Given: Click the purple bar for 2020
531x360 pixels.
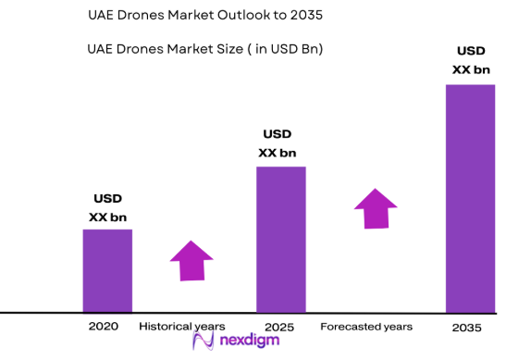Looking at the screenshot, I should click(x=107, y=270).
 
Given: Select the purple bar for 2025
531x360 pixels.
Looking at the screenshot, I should click(x=280, y=239).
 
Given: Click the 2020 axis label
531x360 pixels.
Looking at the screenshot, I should click(x=103, y=327).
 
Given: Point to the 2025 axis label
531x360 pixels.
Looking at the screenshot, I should click(x=278, y=328).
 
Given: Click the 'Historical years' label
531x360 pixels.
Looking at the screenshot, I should click(x=181, y=327).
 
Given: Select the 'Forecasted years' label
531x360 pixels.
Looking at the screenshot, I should click(x=366, y=328).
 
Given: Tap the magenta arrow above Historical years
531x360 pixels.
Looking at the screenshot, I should click(x=191, y=260).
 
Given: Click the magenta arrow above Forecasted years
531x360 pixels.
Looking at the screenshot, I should click(x=376, y=208).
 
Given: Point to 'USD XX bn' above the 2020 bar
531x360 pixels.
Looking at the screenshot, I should click(x=107, y=208).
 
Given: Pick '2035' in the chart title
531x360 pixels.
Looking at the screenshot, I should click(x=305, y=17).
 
